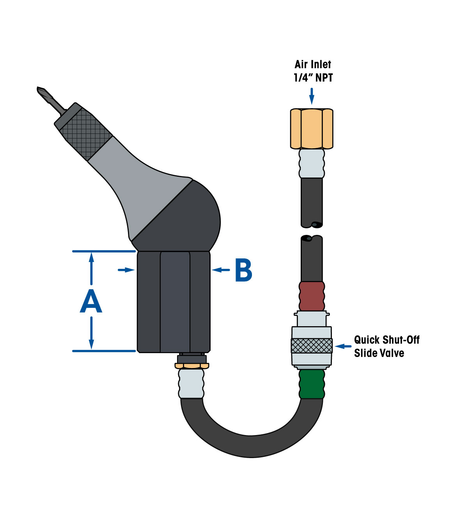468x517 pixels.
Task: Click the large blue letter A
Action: (x=91, y=301)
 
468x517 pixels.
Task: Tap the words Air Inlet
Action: (x=313, y=64)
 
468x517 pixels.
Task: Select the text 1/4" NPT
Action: (x=313, y=78)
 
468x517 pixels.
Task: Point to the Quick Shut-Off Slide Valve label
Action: (x=386, y=346)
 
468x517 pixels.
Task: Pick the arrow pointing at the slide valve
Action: (x=343, y=346)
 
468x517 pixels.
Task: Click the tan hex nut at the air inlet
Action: (x=312, y=128)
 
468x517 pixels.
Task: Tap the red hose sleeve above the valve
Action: (x=312, y=296)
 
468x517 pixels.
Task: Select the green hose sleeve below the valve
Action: (x=312, y=384)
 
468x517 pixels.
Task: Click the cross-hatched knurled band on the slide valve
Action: (x=312, y=346)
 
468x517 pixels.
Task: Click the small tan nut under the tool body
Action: (x=191, y=366)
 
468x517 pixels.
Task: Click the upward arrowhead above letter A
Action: (x=91, y=258)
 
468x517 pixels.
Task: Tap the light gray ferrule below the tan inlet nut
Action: (x=312, y=163)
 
